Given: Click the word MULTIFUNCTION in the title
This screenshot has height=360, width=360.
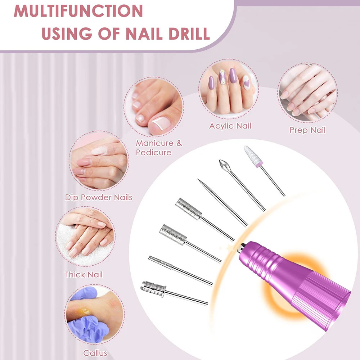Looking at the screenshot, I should tap(78, 11).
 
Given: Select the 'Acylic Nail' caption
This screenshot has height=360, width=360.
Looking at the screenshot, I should tap(230, 126).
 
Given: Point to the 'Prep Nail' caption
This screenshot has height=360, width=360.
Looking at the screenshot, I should tap(307, 130).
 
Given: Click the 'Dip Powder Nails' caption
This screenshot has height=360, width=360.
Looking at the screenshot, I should tap(99, 197).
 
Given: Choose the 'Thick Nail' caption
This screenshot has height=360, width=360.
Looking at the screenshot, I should tap(84, 275).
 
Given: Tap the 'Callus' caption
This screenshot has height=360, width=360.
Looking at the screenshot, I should tap(95, 353).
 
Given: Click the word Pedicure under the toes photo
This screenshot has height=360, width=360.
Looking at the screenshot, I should tap(153, 153).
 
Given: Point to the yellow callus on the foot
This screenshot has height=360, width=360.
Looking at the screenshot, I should tap(85, 311).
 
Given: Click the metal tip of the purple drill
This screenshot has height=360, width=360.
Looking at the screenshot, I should tap(242, 246).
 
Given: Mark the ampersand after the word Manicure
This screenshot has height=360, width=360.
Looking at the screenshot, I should tap(179, 143).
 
